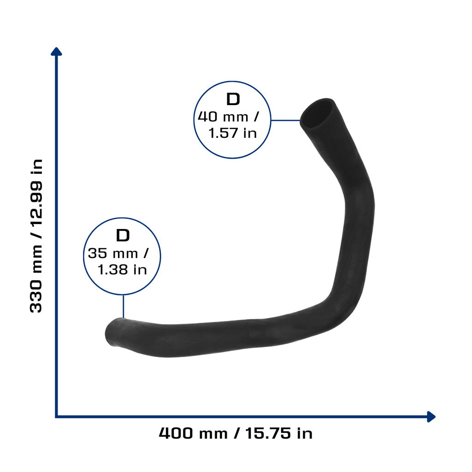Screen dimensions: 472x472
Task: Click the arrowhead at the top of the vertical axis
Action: pos(56,52)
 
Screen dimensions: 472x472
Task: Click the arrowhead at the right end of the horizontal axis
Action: pos(431,417)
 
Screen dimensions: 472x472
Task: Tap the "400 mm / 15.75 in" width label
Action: pos(236,433)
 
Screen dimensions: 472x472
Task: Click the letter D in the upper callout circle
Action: pos(233,99)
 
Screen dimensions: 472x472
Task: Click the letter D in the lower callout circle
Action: pos(123,236)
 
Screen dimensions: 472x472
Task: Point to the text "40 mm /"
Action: pos(228,117)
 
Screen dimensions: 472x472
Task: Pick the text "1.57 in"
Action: pos(232,133)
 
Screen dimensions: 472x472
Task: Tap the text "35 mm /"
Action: pos(118,253)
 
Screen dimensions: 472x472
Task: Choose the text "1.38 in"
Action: pos(122,269)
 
